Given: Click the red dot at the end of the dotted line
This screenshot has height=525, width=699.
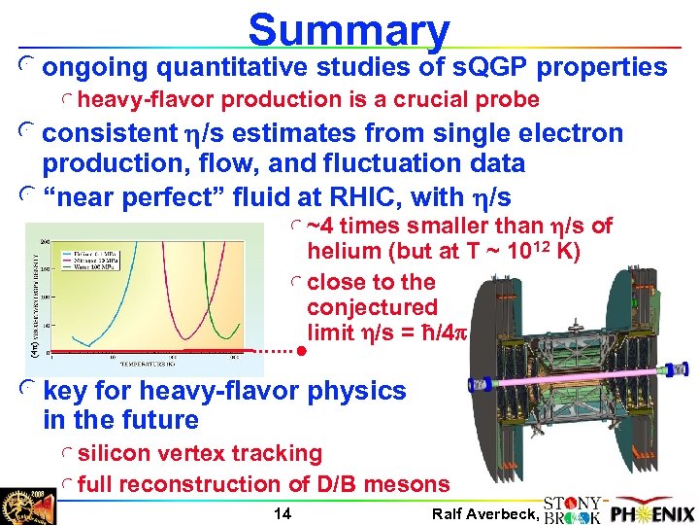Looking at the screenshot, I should click(x=302, y=349).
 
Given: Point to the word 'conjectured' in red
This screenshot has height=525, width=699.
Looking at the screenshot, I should click(x=358, y=307).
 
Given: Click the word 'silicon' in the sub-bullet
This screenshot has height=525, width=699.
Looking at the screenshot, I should click(x=113, y=453).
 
